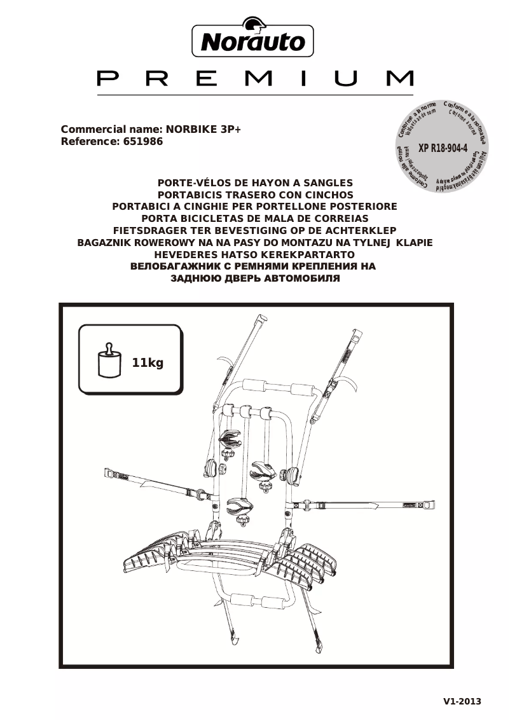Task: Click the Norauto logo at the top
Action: [253, 41]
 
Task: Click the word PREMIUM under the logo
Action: [255, 78]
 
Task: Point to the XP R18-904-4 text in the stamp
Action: [443, 148]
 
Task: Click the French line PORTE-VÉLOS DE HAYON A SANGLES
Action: [254, 182]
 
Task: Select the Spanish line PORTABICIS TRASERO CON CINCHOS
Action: [254, 195]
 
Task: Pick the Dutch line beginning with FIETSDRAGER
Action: [254, 230]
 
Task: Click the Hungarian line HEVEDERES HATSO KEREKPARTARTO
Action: [254, 254]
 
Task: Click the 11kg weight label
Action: [148, 363]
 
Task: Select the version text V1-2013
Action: [462, 702]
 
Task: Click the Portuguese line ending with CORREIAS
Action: [254, 218]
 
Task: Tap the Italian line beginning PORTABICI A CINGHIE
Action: [254, 207]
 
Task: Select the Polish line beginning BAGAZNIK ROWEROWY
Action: [254, 242]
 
